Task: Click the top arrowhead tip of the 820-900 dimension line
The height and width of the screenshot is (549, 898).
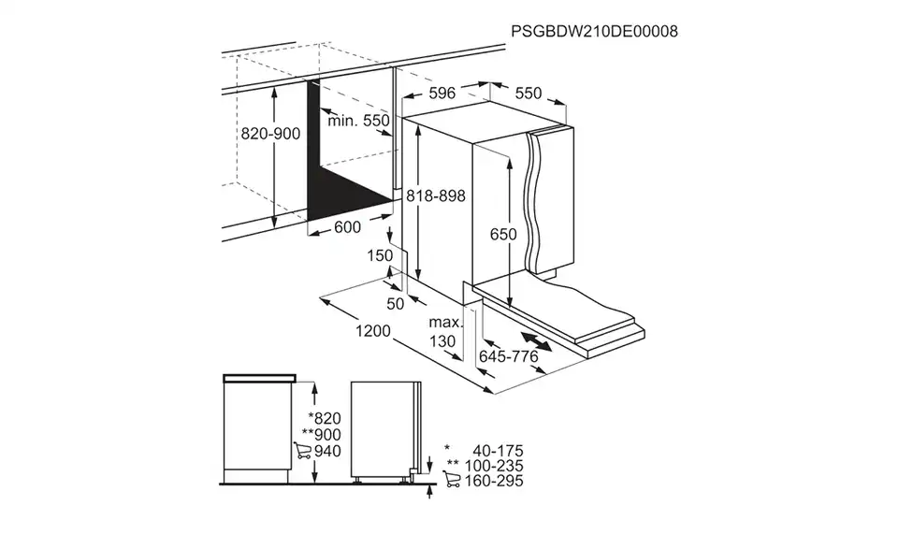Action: pos(275,89)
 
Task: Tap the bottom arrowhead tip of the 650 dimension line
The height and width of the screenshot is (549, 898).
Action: pos(509,308)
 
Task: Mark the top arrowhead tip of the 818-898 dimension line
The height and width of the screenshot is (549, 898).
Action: pos(419,125)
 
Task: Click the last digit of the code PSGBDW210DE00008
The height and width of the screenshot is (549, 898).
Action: pos(673,31)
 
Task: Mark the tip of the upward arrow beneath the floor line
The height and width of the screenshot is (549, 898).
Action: pos(429,486)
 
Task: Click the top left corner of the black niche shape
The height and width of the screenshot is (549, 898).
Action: pos(308,80)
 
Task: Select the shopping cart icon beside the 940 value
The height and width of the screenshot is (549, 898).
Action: pos(302,451)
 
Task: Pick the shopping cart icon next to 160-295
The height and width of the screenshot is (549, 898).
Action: pos(451,479)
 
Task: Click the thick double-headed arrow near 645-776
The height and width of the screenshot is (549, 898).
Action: pos(536,341)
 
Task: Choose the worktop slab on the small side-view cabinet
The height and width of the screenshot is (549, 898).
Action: pos(259,378)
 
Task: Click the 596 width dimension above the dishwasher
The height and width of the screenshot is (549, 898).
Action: pos(442,93)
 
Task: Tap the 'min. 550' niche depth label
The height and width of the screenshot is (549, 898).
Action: pos(358,121)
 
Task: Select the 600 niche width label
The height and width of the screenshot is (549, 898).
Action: pos(348,227)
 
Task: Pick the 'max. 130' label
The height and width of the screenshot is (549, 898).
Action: pos(444,332)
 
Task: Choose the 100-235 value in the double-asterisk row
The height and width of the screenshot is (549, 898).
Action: pos(494,466)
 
